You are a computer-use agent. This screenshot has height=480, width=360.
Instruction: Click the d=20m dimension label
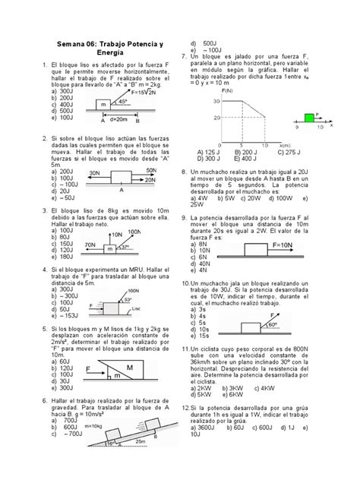[x=119, y=119]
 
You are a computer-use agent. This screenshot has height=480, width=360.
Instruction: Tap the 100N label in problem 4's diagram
[x=133, y=291]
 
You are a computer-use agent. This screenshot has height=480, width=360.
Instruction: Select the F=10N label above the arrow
[x=285, y=247]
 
